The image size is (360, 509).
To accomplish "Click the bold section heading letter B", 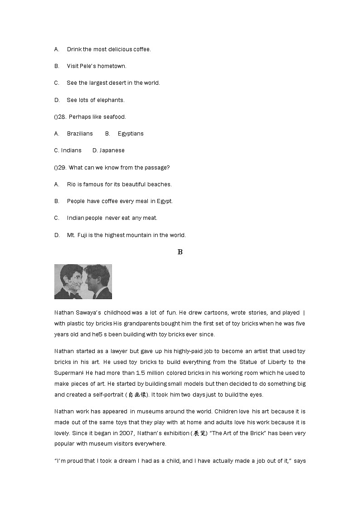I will pos(180,252).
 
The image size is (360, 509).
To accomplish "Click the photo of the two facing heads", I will pos(83,281).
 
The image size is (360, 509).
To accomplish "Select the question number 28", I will pos(63,116).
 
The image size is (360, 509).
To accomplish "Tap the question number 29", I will pos(63,167).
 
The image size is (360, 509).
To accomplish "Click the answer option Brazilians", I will pos(80,133).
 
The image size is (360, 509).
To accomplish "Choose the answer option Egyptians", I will pos(131,133).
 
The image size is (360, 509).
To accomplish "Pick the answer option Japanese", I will pos(112,150).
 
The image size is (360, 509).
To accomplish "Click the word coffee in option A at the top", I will pos(141,49).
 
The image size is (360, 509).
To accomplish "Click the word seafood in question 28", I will pos(115,116).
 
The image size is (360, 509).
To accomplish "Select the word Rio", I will pos(71,184).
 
